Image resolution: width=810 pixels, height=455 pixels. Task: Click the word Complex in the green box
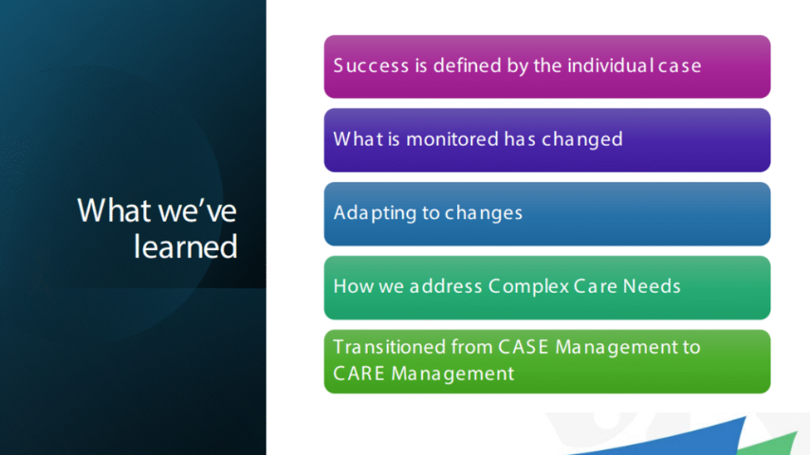tap(528, 286)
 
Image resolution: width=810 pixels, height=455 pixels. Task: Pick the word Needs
tap(651, 286)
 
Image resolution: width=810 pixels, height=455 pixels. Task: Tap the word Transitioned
tap(390, 346)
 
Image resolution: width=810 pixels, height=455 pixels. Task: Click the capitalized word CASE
tap(523, 346)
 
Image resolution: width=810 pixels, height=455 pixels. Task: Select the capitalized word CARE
tap(359, 374)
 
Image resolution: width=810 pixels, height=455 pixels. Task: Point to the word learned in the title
tap(185, 247)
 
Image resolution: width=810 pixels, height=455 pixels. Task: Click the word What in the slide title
tap(115, 210)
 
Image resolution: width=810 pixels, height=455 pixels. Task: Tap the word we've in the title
tap(198, 211)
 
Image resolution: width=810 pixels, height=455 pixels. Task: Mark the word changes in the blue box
tap(484, 213)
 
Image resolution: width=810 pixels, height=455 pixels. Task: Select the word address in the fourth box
tap(445, 286)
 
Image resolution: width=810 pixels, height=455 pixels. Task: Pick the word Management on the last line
tap(453, 374)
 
